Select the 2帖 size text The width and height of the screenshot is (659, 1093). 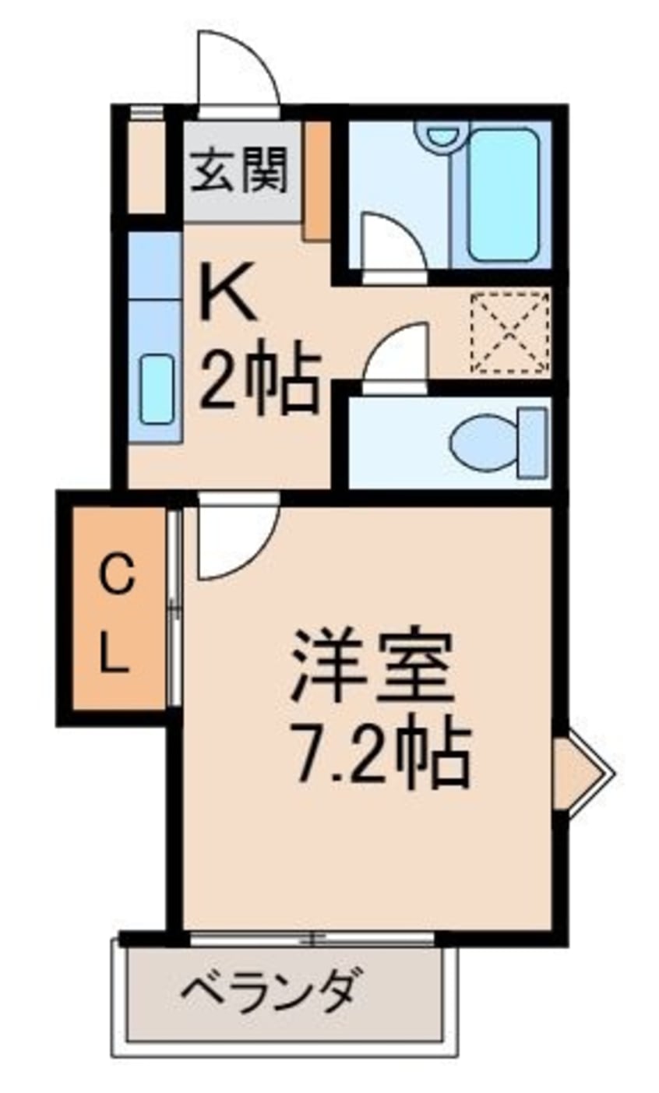259,381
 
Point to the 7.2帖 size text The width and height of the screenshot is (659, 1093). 379,753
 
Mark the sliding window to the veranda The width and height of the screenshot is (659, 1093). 312,938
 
